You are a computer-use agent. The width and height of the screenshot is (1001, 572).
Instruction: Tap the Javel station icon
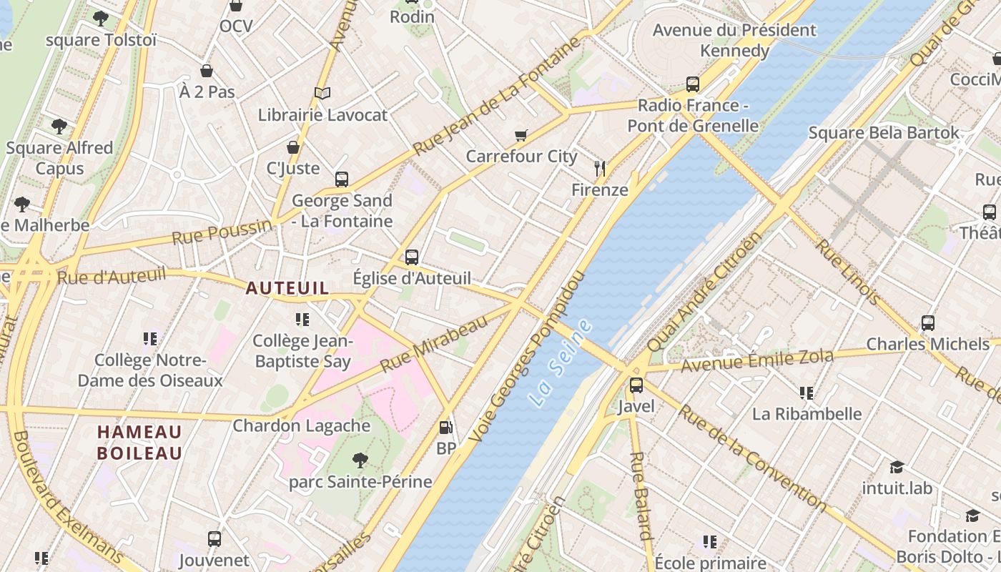636,386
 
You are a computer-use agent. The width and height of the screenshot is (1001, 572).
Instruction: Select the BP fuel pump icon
445,428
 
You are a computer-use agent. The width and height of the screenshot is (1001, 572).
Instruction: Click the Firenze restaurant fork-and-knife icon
600,169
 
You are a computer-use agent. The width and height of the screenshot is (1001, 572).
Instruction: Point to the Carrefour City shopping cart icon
521,135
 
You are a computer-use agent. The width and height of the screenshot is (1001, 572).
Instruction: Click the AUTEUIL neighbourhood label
287,288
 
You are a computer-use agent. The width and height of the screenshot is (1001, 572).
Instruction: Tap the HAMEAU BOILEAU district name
139,443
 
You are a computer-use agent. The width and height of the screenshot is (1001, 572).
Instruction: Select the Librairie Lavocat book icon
322,94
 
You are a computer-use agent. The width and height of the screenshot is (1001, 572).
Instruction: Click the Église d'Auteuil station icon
412,257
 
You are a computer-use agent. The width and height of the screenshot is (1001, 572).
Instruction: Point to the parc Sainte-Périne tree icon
360,460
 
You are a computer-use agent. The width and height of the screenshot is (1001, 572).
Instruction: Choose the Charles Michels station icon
927,323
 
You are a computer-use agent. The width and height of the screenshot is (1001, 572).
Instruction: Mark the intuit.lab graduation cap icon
897,468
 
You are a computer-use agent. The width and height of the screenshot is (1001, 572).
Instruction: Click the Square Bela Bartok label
884,133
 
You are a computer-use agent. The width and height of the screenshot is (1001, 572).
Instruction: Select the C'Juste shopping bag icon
293,148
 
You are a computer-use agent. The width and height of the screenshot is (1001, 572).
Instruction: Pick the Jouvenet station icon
214,539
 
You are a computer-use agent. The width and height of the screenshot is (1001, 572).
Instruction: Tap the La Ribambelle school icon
807,393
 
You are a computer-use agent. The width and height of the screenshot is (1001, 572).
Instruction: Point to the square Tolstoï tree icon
101,19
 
